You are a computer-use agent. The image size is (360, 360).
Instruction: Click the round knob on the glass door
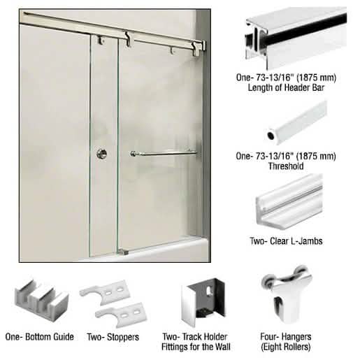pyautogui.click(x=102, y=154)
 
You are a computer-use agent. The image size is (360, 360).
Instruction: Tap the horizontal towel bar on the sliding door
pyautogui.click(x=164, y=153)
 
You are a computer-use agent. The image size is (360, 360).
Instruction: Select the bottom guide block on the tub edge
pyautogui.click(x=122, y=252)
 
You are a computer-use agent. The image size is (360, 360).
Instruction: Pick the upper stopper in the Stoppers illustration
pyautogui.click(x=105, y=292)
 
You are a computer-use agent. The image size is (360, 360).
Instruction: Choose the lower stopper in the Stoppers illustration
pyautogui.click(x=122, y=314)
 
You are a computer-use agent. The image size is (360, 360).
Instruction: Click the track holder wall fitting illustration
pyautogui.click(x=203, y=303)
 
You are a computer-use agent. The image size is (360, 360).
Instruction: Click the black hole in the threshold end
pyautogui.click(x=271, y=136)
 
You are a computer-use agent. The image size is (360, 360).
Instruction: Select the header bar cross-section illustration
pyautogui.click(x=296, y=38)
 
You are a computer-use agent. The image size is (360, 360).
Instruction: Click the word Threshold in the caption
pyautogui.click(x=286, y=166)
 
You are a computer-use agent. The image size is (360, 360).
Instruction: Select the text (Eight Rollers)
pyautogui.click(x=286, y=347)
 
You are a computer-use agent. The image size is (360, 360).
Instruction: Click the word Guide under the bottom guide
pyautogui.click(x=64, y=337)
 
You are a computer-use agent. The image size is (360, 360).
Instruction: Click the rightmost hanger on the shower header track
pyautogui.click(x=196, y=50)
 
